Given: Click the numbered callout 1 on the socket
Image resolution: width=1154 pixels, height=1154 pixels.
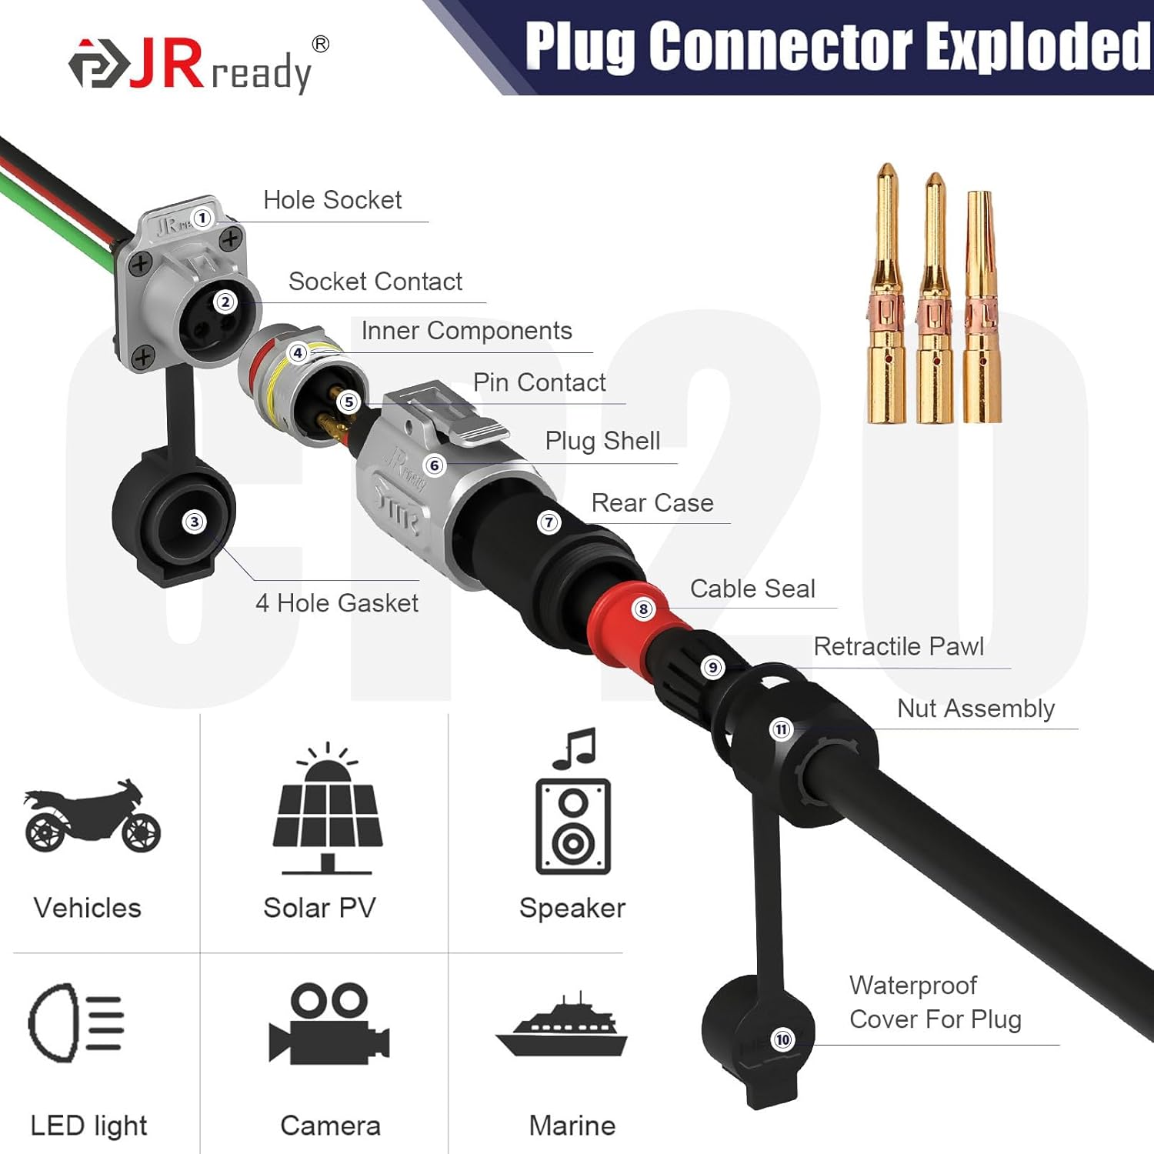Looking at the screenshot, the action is [x=202, y=218].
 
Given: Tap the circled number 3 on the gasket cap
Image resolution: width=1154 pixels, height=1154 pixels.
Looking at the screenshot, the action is [x=194, y=522].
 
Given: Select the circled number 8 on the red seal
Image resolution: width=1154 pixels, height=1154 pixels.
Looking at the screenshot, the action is [x=643, y=609].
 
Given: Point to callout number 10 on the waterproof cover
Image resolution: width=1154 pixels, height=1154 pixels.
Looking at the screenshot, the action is [x=782, y=1040].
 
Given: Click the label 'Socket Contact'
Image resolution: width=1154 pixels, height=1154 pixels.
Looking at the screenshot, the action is [x=375, y=282].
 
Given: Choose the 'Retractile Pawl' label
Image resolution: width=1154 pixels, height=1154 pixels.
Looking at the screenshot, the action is [x=899, y=646].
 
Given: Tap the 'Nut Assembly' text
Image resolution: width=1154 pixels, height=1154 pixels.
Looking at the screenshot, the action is [x=976, y=709].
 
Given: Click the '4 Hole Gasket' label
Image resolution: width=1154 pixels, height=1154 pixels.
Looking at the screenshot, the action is [x=337, y=603].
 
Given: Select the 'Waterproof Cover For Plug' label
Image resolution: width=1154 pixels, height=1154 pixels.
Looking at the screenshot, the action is [x=935, y=1002].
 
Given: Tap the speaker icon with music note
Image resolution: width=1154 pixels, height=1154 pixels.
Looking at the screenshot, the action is [x=574, y=804].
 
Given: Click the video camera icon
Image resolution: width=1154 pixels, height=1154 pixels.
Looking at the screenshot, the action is [x=329, y=1023].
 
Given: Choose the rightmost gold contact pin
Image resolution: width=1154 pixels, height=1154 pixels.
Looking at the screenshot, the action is [x=982, y=308].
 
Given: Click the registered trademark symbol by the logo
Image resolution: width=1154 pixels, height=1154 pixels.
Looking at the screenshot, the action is [x=321, y=44].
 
